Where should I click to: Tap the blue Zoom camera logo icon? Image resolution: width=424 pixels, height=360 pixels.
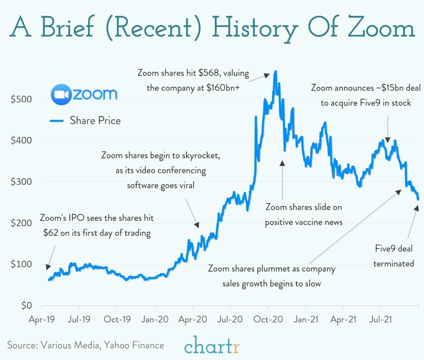pos(61,95)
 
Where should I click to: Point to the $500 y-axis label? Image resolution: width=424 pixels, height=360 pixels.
pos(21,99)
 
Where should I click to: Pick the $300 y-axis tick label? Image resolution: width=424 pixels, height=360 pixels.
pos(21,182)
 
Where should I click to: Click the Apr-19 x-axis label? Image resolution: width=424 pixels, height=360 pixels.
pos(42,319)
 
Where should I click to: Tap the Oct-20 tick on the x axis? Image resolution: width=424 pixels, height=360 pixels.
pos(268,319)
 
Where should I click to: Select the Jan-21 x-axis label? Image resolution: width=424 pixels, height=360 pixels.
pos(306,319)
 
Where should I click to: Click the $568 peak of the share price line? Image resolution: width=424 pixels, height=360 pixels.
pos(275,71)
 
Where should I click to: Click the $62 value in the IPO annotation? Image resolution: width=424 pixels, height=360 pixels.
pos(51,233)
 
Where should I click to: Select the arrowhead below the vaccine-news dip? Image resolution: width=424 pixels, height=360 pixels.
pos(282,163)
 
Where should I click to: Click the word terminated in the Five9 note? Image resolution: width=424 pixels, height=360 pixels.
pos(394,264)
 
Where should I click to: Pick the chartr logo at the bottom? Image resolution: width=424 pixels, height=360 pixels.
pos(212,345)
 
